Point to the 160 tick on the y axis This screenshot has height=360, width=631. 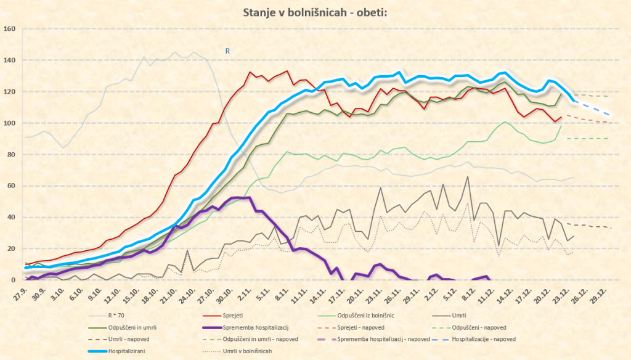9,28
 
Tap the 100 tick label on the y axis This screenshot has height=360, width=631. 9,123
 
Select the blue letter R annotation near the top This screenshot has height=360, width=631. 227,52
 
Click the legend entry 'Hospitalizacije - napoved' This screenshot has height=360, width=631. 484,339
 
